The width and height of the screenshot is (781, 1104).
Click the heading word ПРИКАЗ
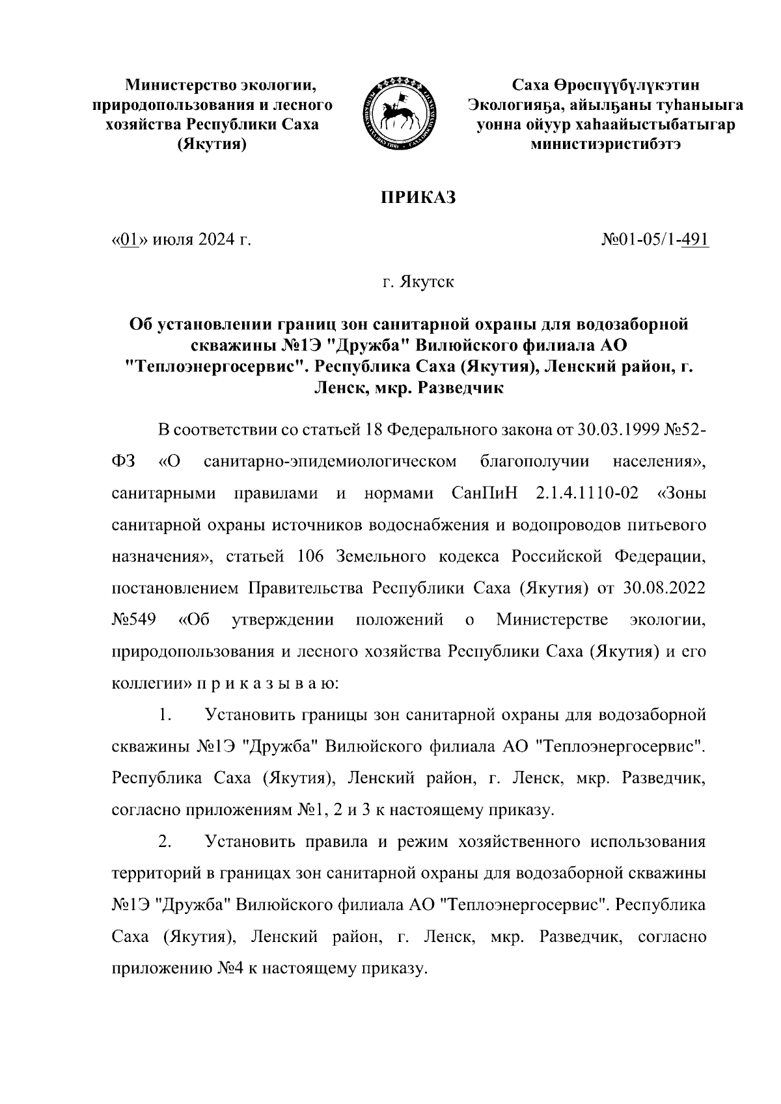coord(417,198)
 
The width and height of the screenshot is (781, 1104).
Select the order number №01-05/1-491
coord(655,241)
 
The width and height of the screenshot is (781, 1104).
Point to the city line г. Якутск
coord(417,283)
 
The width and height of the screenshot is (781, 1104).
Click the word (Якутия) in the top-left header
coord(212,144)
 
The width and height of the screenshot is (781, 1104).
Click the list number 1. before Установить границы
coord(165,716)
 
